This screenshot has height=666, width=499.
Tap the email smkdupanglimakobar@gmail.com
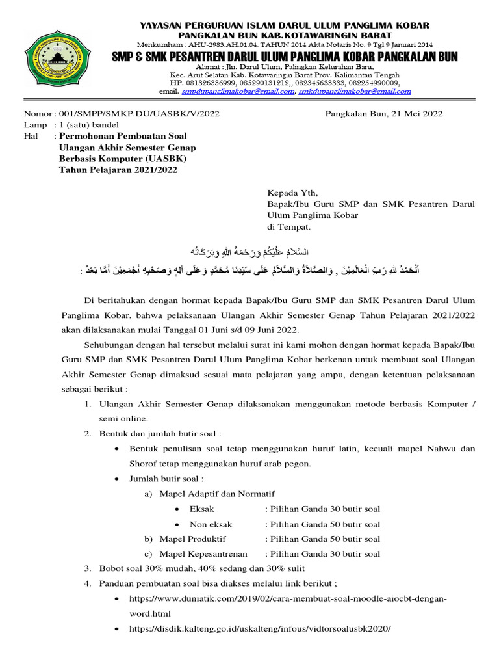tap(354, 92)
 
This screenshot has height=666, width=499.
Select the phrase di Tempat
tap(290, 228)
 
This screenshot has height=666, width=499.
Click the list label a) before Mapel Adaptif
tap(148, 494)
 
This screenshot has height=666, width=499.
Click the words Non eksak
tap(211, 524)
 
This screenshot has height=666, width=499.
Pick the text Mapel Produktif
tap(193, 539)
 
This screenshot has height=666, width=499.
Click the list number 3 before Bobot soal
tap(88, 568)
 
